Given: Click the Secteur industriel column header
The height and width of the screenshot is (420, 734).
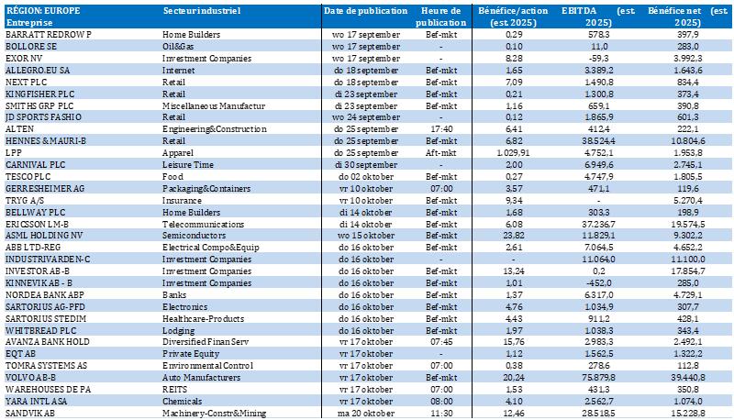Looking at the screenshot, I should [202, 9].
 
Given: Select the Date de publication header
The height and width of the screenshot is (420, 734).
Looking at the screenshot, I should [365, 9].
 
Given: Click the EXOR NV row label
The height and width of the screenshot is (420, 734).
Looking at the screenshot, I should [26, 57].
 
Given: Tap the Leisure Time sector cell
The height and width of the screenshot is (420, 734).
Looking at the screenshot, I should [189, 164].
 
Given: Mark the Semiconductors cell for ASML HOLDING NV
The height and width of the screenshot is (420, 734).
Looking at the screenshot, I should [195, 236].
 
